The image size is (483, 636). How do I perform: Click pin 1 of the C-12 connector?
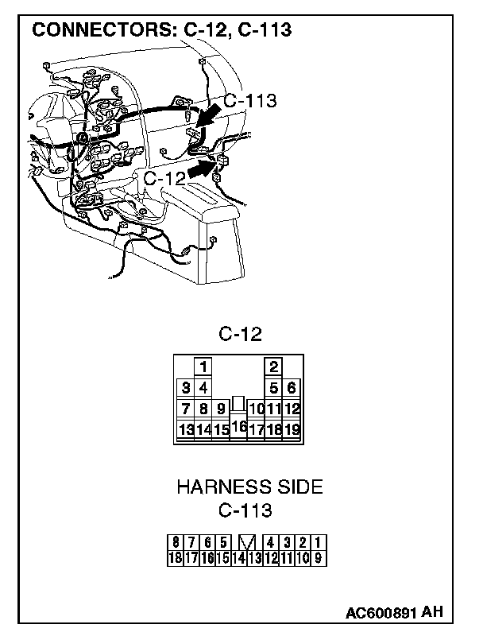[203, 367]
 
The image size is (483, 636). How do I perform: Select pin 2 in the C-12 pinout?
[273, 367]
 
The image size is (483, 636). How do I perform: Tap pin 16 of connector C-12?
[238, 427]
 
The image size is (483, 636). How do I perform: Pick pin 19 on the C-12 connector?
[292, 430]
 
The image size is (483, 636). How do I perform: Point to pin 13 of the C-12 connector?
[186, 430]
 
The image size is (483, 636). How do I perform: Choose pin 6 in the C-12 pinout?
[292, 388]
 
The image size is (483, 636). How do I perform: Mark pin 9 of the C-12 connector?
[221, 409]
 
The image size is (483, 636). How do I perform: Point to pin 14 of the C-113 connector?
[238, 557]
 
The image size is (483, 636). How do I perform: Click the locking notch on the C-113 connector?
[247, 543]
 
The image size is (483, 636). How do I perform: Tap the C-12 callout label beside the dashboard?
[164, 178]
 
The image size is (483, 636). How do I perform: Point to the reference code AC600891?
[381, 613]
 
